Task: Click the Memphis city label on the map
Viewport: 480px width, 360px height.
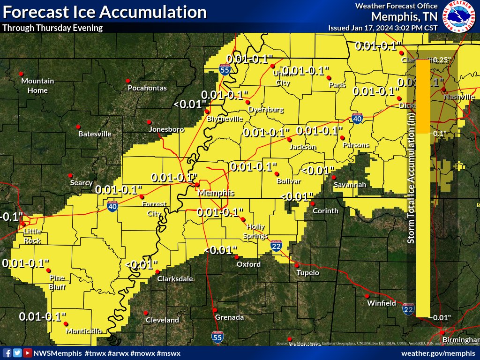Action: click(216, 193)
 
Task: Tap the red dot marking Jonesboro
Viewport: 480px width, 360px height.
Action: click(149, 122)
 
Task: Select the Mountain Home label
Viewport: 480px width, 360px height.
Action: click(37, 85)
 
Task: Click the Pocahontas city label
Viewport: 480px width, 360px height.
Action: click(147, 88)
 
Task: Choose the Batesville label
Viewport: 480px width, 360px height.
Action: click(95, 134)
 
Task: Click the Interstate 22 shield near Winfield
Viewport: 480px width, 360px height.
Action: click(408, 309)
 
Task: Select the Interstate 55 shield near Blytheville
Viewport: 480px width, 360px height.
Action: click(225, 70)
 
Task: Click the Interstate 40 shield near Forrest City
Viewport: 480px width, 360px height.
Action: click(112, 207)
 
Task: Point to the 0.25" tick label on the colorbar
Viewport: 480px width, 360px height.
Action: click(441, 60)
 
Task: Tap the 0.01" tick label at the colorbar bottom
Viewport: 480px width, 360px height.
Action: click(441, 317)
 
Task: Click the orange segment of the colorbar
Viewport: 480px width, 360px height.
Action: click(423, 96)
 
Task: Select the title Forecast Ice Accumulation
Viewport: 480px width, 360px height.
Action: click(105, 12)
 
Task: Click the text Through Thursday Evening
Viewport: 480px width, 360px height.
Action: click(52, 28)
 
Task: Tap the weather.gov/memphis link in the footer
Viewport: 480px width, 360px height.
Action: click(439, 352)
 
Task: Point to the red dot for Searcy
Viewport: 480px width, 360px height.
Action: click(70, 175)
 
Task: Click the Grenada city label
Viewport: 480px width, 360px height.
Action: click(229, 317)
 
